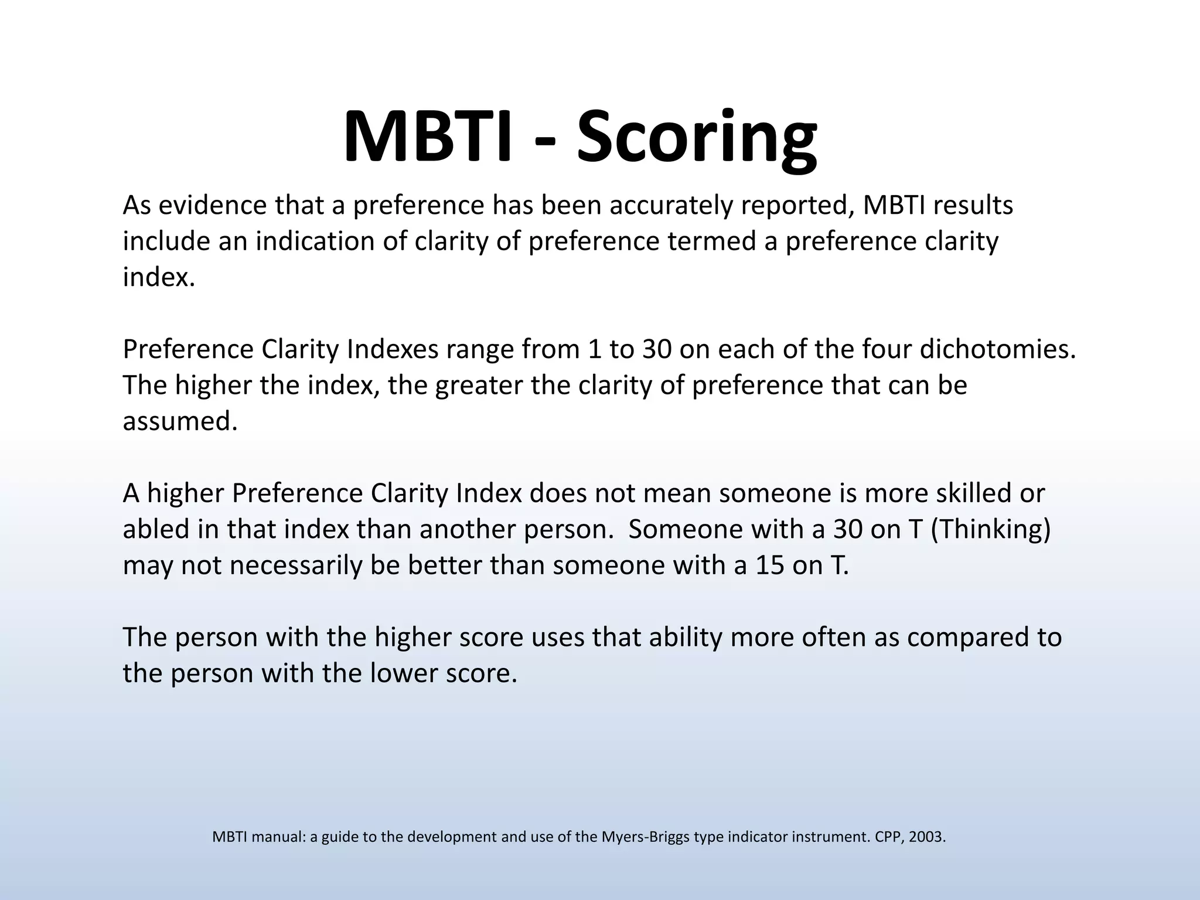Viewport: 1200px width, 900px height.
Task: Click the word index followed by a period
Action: (158, 277)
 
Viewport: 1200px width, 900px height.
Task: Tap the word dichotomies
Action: (997, 349)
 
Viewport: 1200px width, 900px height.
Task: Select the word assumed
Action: (180, 421)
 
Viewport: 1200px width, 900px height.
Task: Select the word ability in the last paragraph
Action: (685, 637)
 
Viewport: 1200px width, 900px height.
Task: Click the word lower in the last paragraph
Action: (404, 673)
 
